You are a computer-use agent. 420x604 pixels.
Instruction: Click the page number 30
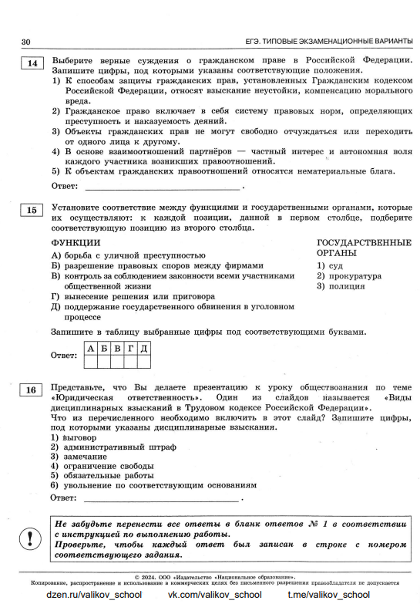pyautogui.click(x=25, y=41)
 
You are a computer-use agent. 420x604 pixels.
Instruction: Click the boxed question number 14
pyautogui.click(x=31, y=63)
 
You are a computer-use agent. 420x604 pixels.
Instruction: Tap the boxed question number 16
pyautogui.click(x=31, y=390)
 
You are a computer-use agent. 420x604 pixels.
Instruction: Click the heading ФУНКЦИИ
pyautogui.click(x=76, y=243)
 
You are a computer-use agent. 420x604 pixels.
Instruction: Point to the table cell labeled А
pyautogui.click(x=92, y=349)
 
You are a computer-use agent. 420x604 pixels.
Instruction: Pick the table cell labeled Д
pyautogui.click(x=143, y=349)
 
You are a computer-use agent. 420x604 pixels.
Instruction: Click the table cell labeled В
pyautogui.click(x=118, y=349)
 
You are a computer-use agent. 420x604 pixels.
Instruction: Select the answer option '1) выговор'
pyautogui.click(x=74, y=437)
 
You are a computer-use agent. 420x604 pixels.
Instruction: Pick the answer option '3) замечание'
pyautogui.click(x=79, y=457)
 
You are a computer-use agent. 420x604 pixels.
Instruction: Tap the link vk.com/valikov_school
pyautogui.click(x=215, y=595)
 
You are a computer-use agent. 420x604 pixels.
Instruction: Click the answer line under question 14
pyautogui.click(x=162, y=186)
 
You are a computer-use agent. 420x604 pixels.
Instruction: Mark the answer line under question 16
pyautogui.click(x=162, y=498)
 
